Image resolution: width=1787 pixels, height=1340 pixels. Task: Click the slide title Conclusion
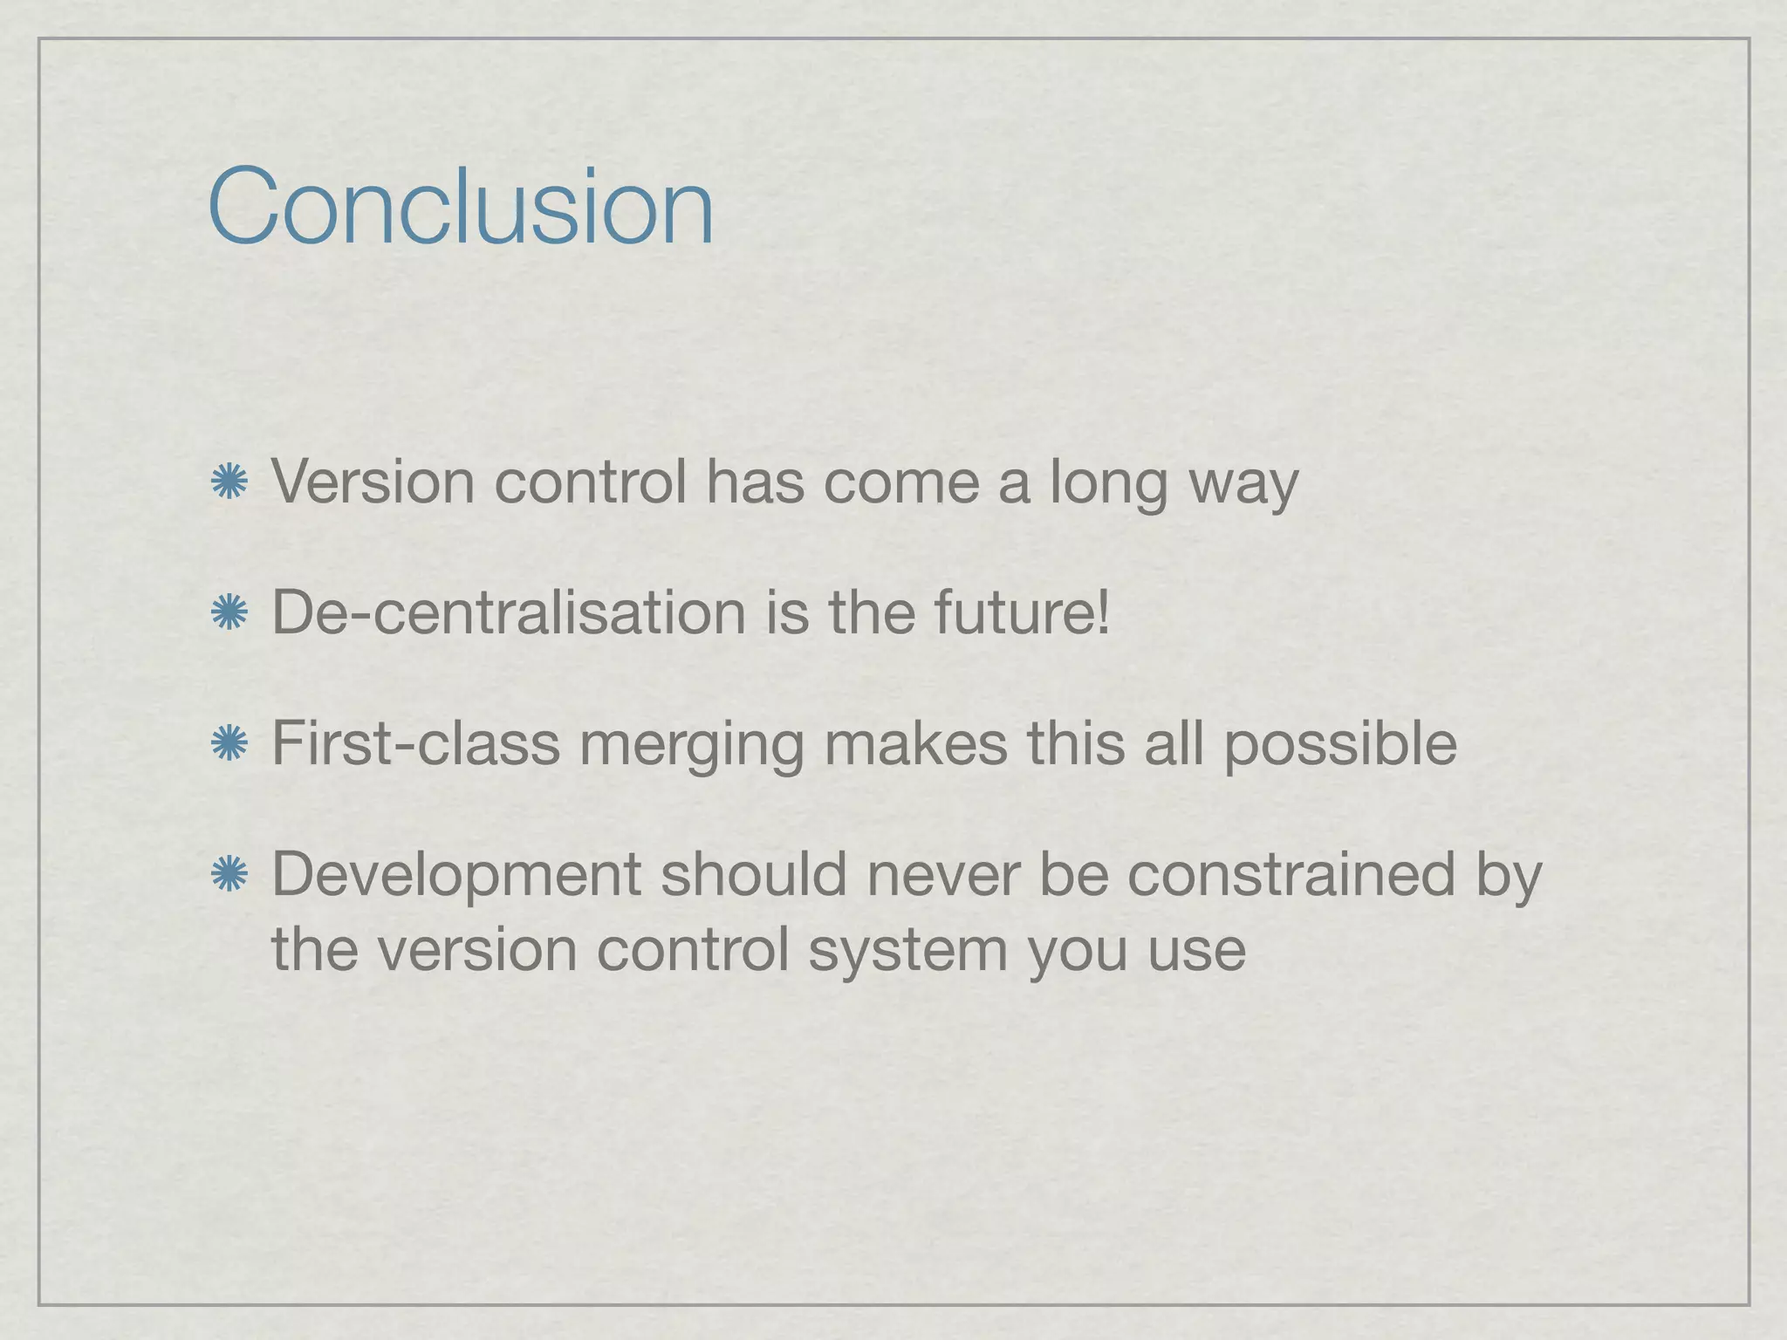point(461,206)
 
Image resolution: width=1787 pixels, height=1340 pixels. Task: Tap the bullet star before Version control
point(229,482)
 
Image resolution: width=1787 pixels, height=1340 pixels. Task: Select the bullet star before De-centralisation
point(229,612)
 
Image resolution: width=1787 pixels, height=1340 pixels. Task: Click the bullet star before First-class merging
point(229,743)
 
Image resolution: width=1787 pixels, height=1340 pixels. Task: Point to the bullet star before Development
point(229,874)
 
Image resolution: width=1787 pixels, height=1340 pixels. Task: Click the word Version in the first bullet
point(373,482)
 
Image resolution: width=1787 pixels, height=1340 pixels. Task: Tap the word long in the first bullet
point(1108,482)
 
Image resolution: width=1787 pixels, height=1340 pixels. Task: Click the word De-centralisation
point(509,612)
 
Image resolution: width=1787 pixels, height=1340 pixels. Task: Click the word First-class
point(415,743)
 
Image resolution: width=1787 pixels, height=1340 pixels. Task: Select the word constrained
point(1291,874)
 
